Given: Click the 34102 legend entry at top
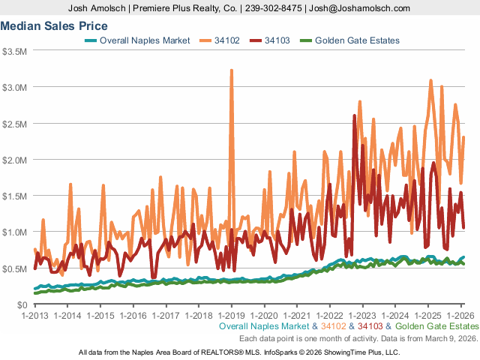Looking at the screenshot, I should pos(226,40).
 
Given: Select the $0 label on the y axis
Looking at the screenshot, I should pos(21,304).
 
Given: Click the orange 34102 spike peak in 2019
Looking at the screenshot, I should pos(231,70).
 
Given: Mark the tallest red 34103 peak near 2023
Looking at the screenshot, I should pos(354,115).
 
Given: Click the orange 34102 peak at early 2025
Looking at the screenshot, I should pos(430,80).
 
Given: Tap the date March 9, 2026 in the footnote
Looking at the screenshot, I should pos(450,338).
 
